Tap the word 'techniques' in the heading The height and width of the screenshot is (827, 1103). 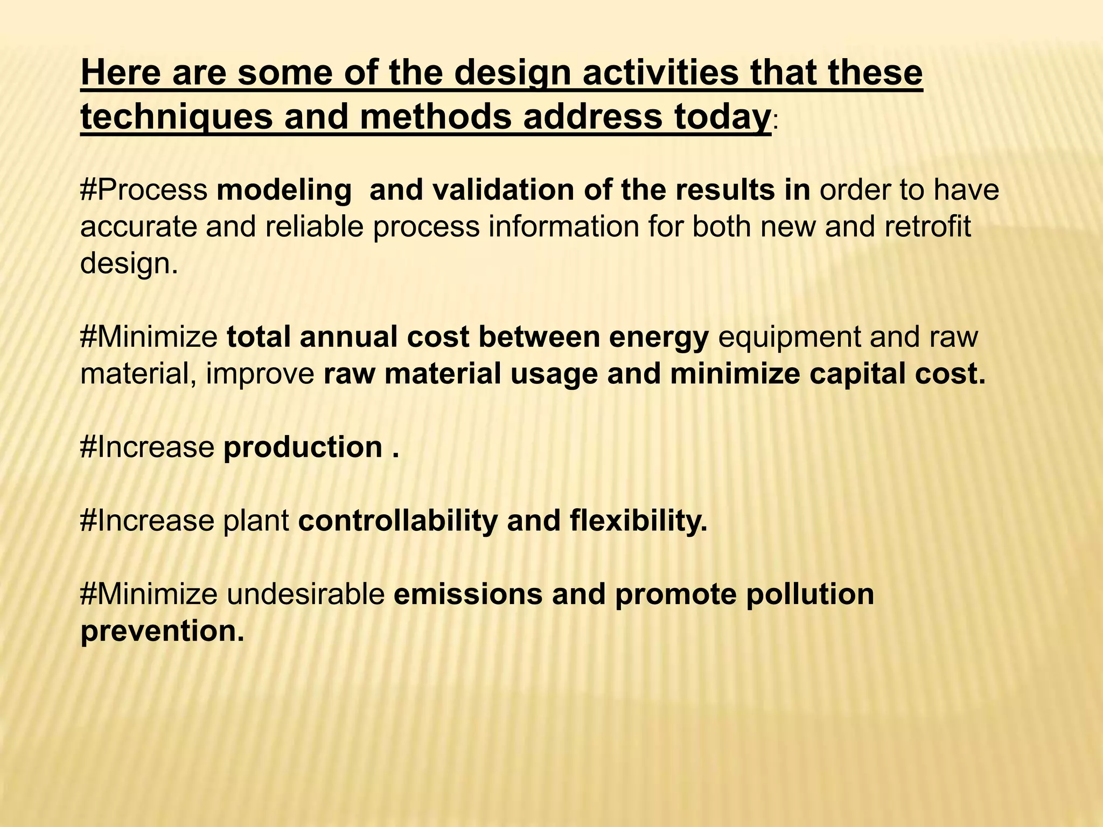[x=177, y=117]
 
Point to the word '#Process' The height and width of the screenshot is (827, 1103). [x=144, y=191]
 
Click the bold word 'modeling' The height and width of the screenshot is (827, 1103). [x=284, y=191]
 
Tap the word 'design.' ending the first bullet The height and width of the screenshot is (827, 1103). [x=129, y=264]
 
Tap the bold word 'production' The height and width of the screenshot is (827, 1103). [x=303, y=447]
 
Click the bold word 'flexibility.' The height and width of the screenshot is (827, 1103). [x=638, y=521]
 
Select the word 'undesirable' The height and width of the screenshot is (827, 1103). [x=305, y=594]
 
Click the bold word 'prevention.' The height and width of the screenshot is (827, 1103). [x=162, y=631]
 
